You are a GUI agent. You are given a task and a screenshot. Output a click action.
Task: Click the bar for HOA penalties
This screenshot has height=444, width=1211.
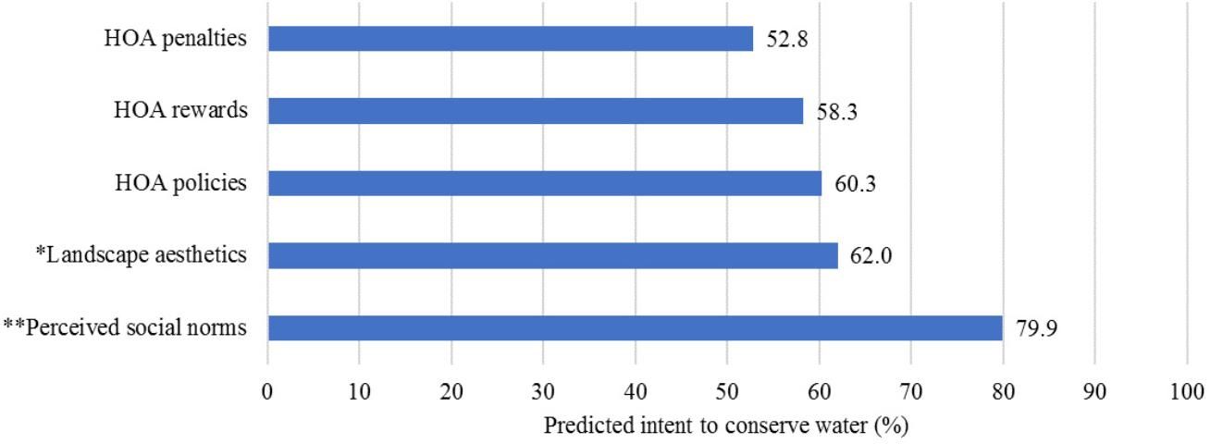(x=510, y=39)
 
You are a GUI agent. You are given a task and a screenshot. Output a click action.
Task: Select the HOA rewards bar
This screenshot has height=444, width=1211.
(x=535, y=111)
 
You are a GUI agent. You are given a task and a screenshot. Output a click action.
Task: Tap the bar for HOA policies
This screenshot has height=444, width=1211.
(x=544, y=183)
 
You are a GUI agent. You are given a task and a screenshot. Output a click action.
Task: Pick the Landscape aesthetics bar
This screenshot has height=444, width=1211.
(x=552, y=255)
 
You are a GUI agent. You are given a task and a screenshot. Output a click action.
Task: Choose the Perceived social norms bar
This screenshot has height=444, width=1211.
(x=635, y=328)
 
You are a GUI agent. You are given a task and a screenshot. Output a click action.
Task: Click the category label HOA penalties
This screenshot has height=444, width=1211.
(x=175, y=39)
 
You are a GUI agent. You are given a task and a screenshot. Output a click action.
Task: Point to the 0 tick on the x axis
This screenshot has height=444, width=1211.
(x=267, y=391)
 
